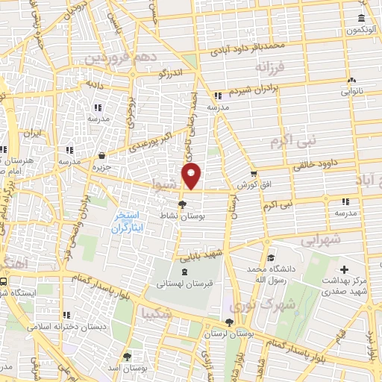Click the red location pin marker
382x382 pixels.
[192, 177]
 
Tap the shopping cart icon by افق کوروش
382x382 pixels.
[253, 173]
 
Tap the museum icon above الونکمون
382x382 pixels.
[361, 19]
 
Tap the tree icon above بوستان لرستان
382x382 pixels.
[230, 322]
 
